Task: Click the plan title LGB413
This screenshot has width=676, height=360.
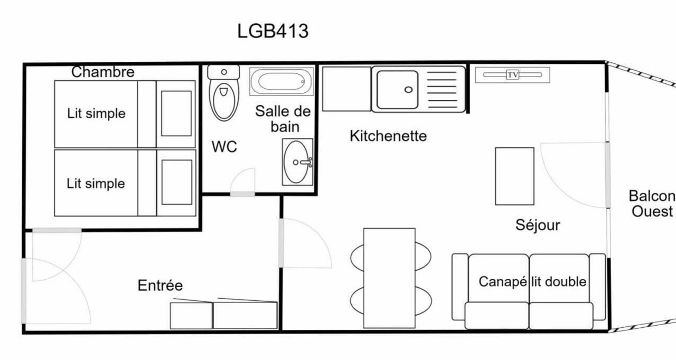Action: coord(273,31)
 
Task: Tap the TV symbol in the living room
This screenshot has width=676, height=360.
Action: coord(512,75)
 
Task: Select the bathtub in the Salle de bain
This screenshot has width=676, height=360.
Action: coord(281,81)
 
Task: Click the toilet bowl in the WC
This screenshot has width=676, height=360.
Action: coord(224,100)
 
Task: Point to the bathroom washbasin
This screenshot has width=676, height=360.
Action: coord(297,162)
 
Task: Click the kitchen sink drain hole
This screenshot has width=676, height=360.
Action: coord(408,90)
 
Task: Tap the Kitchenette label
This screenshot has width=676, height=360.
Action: coord(388,136)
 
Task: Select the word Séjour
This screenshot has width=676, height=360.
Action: coord(538,225)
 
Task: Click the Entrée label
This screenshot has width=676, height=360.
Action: coord(160,285)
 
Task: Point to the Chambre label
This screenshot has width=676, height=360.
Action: coord(103,72)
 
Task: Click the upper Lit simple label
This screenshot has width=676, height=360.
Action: coord(96,113)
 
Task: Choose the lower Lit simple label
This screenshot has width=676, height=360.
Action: coord(96,184)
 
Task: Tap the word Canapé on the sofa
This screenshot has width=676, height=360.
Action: coord(503,281)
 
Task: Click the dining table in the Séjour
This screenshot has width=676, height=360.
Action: coord(389,278)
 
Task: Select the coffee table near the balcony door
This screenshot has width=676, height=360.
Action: coord(514,176)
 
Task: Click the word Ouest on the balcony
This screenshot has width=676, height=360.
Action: coord(652,211)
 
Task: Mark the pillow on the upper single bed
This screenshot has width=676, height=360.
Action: coord(176,113)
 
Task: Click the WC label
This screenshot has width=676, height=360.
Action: coord(224,147)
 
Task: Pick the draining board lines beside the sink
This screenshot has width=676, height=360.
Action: coord(443,90)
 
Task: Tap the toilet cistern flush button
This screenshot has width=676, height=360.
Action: coord(224,72)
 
